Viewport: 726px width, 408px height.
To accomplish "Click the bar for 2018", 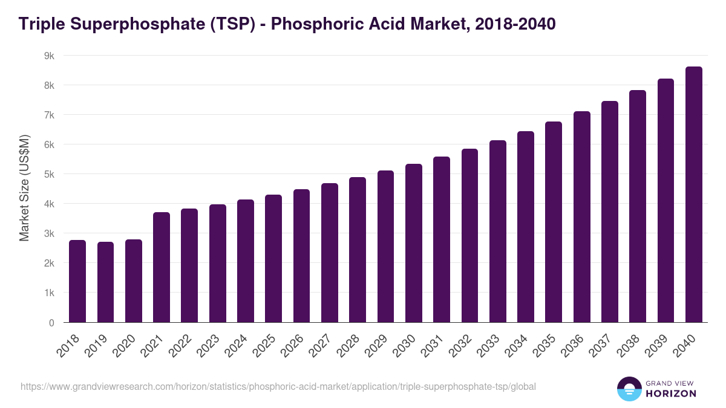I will [x=77, y=281].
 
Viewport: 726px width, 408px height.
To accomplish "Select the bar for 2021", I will [x=162, y=267].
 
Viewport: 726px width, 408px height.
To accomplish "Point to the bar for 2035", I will [x=554, y=222].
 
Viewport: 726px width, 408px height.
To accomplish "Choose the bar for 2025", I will [x=273, y=258].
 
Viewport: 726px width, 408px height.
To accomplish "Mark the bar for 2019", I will [x=105, y=282].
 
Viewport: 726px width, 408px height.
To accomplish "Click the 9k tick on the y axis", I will [x=49, y=56].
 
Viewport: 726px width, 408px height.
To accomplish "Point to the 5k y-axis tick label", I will [x=49, y=174].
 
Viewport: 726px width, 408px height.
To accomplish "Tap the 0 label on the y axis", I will [x=52, y=323].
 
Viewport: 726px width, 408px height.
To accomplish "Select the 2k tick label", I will [x=49, y=264].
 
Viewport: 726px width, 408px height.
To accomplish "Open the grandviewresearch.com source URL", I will [x=278, y=386].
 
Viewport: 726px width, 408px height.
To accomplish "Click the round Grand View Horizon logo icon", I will [x=629, y=389].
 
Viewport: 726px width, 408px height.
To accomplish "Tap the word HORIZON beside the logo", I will [x=671, y=393].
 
